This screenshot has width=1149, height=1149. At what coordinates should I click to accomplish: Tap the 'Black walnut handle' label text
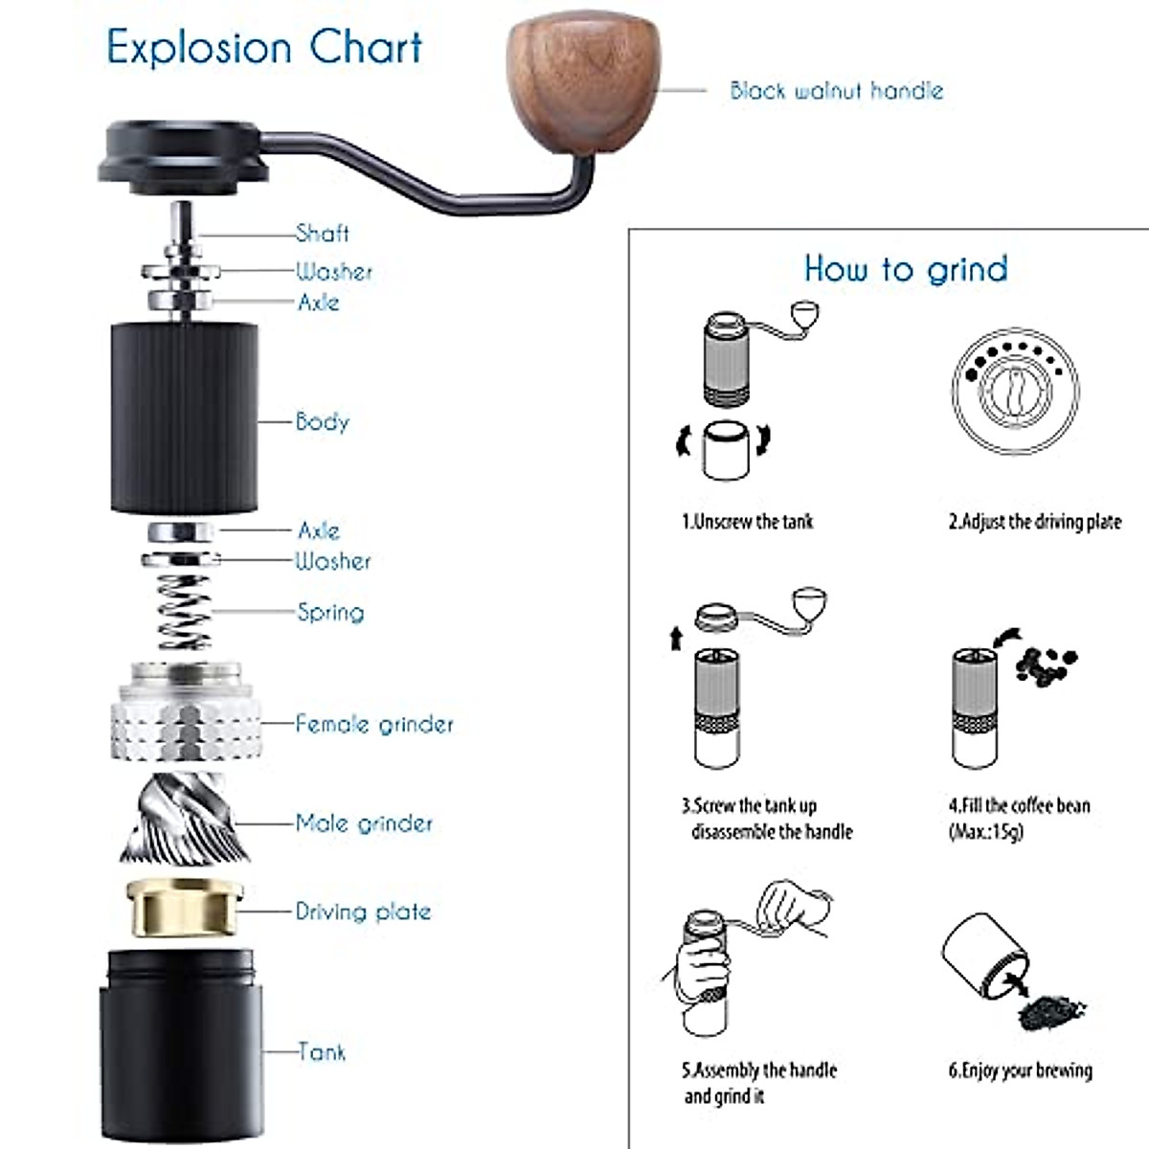coord(836,91)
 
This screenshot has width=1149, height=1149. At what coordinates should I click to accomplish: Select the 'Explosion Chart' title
coord(264,47)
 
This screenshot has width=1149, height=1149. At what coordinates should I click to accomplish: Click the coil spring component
coord(184,613)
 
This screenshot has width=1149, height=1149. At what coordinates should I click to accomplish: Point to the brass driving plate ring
coord(184,908)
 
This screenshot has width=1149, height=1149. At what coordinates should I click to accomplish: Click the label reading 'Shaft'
coord(322,233)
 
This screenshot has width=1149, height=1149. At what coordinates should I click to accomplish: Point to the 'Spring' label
coord(330,612)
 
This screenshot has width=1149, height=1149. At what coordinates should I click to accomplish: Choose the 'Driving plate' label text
coord(363,911)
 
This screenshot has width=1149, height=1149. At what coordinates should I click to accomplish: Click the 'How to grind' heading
coord(906,268)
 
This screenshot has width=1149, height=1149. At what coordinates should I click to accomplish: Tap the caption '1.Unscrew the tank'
coord(747,522)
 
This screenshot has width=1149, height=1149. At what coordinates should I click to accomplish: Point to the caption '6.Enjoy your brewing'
coord(1020,1070)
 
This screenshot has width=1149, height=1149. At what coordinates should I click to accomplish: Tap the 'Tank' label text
coord(321,1051)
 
